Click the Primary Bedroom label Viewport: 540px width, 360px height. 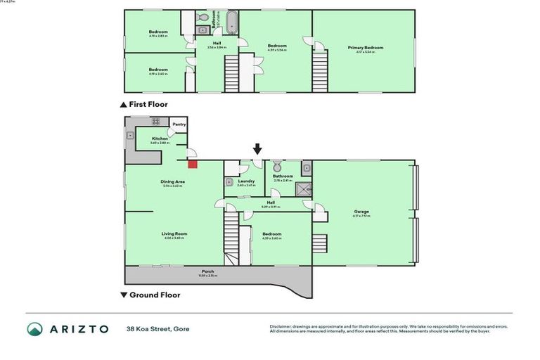(366, 48)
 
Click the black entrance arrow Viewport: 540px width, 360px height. (257, 148)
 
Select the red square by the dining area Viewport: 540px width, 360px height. (192, 164)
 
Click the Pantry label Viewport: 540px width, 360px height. (179, 124)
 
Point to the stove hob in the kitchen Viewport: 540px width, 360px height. (155, 122)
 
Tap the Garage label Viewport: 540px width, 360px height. (361, 212)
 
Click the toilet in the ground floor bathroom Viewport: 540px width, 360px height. (277, 167)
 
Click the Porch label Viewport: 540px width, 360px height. (207, 271)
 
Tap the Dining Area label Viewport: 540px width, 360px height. (172, 182)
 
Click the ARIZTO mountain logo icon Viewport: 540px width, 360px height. (35, 329)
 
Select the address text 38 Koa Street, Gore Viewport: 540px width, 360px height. (157, 329)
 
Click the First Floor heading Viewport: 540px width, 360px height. (148, 104)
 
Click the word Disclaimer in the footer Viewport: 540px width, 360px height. (281, 327)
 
